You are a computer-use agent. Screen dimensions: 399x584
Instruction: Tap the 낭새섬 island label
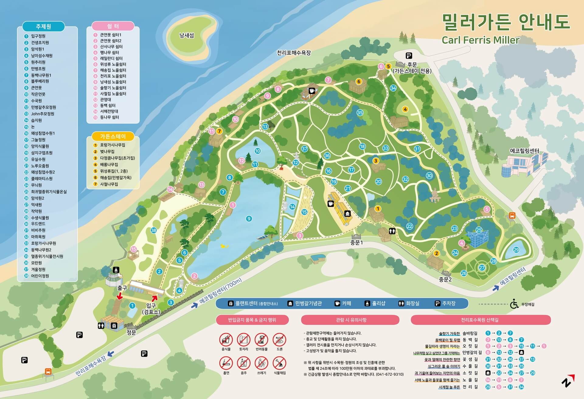[x=186, y=36]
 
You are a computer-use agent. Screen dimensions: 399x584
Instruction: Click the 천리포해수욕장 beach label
[x=294, y=53]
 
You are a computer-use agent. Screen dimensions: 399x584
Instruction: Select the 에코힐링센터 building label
[x=524, y=151]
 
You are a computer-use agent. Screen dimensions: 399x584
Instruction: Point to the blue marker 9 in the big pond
[x=249, y=218]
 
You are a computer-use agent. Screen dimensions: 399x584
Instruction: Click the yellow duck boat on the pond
[x=224, y=246]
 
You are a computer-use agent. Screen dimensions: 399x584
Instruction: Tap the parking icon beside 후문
[x=409, y=56]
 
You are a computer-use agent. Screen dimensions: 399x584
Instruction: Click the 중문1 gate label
[x=356, y=243]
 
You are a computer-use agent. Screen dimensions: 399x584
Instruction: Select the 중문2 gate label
[x=445, y=279]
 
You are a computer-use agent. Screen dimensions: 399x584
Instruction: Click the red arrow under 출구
[x=120, y=296]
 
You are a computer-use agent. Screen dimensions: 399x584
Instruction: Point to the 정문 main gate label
[x=131, y=332]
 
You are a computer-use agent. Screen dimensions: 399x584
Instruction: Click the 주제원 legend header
[x=43, y=26]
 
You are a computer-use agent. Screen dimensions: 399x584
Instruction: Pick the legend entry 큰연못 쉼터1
[x=111, y=35]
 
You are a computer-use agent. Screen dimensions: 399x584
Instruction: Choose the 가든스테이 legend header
[x=113, y=136]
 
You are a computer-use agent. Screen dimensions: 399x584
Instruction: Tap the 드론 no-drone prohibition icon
[x=279, y=340]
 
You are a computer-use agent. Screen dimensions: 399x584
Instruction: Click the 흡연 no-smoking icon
[x=226, y=363]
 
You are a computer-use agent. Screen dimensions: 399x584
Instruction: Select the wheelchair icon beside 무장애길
[x=514, y=304]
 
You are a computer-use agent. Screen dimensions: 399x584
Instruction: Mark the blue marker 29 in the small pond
[x=516, y=250]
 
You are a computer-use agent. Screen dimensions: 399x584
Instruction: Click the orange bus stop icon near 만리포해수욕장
[x=48, y=371]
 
